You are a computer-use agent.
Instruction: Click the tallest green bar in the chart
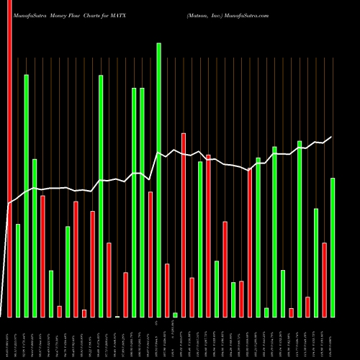158,180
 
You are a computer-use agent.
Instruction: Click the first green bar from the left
18,270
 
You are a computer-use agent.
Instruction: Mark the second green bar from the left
26,195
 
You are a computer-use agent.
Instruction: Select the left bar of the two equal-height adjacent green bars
134,202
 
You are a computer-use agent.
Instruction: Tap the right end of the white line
332,137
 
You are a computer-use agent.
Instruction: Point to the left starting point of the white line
9,204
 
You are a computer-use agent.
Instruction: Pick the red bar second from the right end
308,306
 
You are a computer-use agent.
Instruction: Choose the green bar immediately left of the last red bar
316,262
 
